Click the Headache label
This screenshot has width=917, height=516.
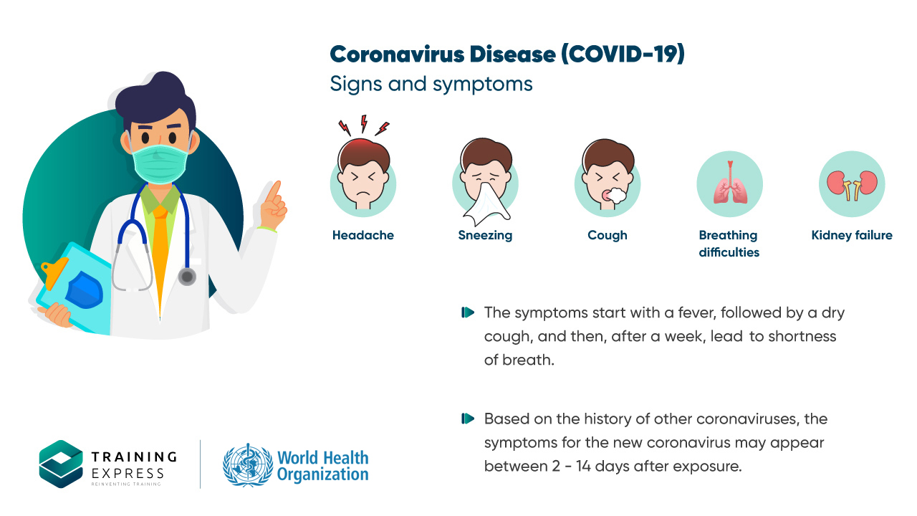point(363,235)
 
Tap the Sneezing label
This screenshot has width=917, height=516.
point(485,236)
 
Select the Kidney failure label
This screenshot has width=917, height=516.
point(852,236)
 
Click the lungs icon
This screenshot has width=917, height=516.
point(730,183)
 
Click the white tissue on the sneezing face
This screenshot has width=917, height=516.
point(486,204)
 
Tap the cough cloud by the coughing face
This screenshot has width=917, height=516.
point(615,196)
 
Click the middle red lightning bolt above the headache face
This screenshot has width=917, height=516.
point(363,123)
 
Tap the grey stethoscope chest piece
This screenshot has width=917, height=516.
point(187,277)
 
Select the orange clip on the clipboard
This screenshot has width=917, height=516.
point(53,272)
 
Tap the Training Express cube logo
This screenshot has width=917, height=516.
point(61,464)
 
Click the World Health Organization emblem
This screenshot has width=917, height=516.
point(248,465)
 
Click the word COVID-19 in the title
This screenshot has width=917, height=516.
point(623,54)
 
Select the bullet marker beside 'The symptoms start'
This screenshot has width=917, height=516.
point(468,312)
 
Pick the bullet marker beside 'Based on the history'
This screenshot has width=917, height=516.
point(468,419)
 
